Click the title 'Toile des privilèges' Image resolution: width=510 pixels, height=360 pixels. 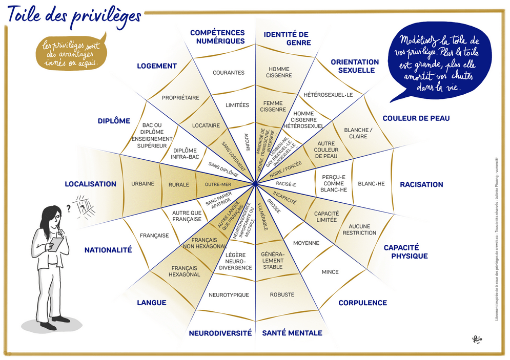pos(74,15)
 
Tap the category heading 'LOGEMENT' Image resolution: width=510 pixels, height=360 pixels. pos(157,66)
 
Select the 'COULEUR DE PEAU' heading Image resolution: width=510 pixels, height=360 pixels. pos(416,118)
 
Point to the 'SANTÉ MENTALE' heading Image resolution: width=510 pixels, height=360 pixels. pos(292,333)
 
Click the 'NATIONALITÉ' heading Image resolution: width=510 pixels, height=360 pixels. pos(108,250)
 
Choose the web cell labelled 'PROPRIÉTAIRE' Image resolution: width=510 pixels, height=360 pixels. pos(180,97)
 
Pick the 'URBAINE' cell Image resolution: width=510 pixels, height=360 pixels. pos(142,184)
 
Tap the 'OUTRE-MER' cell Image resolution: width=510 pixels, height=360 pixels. pos(216,184)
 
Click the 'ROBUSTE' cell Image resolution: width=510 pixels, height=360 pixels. pos(282,294)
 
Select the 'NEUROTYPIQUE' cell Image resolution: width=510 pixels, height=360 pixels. pos(229,295)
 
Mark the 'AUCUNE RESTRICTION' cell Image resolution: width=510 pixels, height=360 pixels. pos(359,229)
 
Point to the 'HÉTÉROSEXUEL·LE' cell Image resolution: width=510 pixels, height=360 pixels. pos(328,95)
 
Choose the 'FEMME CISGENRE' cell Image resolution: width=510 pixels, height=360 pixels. pos(273,106)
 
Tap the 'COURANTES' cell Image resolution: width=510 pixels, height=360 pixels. pos(229,73)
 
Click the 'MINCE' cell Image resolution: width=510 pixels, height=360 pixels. pos(330,272)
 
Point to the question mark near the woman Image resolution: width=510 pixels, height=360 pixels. pos(68,208)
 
